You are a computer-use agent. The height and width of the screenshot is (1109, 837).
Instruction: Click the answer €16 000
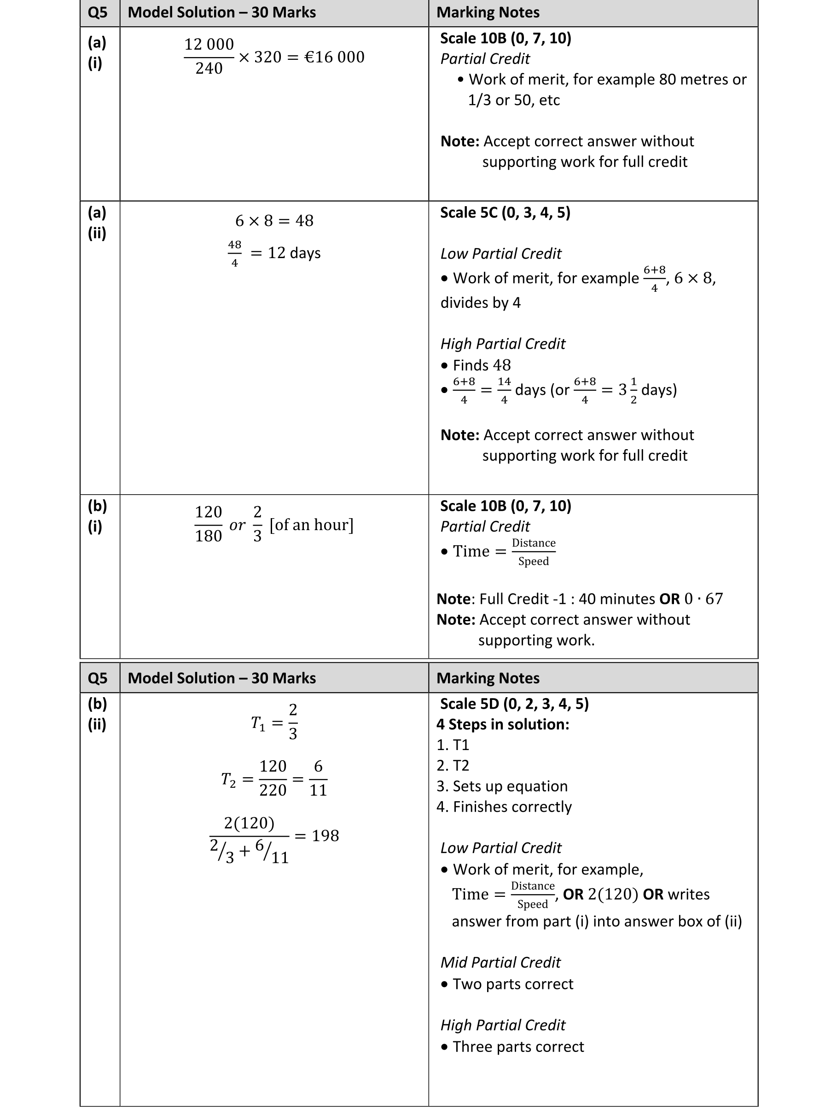pyautogui.click(x=335, y=57)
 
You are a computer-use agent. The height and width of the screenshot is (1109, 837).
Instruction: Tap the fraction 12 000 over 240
pyautogui.click(x=209, y=56)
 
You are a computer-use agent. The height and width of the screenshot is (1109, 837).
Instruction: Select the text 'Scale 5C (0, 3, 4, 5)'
pyautogui.click(x=505, y=213)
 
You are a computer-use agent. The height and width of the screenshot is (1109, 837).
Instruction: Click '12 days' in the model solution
pyautogui.click(x=294, y=253)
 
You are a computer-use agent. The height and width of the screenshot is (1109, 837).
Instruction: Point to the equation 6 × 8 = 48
pyautogui.click(x=274, y=220)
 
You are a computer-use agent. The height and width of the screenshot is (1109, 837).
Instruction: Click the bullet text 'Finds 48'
pyautogui.click(x=482, y=365)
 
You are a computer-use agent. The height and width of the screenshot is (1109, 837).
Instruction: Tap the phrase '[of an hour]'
pyautogui.click(x=311, y=525)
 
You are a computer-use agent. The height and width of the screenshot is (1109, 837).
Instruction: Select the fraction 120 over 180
pyautogui.click(x=208, y=524)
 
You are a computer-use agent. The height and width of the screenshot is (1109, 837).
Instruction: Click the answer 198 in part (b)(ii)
pyautogui.click(x=325, y=835)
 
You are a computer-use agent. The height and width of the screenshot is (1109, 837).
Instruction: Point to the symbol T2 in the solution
pyautogui.click(x=228, y=780)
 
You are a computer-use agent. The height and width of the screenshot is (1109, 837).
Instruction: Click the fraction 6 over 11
pyautogui.click(x=318, y=779)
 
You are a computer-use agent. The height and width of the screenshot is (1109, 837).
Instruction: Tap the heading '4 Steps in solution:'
pyautogui.click(x=502, y=724)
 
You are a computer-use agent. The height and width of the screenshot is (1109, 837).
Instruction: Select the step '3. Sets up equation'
pyautogui.click(x=502, y=786)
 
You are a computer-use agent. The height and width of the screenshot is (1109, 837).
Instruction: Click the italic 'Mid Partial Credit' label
pyautogui.click(x=500, y=962)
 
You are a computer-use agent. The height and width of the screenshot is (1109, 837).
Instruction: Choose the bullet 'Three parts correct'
pyautogui.click(x=518, y=1046)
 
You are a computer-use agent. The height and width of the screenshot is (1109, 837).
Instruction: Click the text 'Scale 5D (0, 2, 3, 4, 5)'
pyautogui.click(x=514, y=704)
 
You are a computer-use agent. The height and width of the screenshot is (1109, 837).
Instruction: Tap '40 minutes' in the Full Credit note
pyautogui.click(x=616, y=599)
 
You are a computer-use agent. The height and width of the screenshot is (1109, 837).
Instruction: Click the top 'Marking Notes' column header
pyautogui.click(x=488, y=12)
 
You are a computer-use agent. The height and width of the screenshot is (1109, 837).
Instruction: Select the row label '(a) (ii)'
pyautogui.click(x=97, y=223)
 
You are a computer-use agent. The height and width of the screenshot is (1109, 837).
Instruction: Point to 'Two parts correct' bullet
pyautogui.click(x=512, y=984)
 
